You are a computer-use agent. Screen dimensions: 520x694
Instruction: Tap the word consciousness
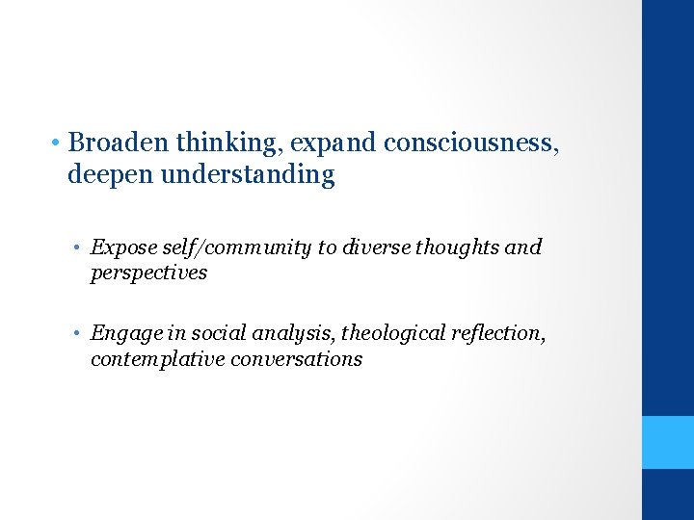click(469, 143)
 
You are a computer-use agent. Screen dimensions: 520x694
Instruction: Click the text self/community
click(233, 247)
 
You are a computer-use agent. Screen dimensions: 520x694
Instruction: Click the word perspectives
click(148, 273)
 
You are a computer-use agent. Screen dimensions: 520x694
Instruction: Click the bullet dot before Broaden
click(59, 144)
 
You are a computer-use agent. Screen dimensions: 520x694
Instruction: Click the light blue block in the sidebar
click(668, 442)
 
